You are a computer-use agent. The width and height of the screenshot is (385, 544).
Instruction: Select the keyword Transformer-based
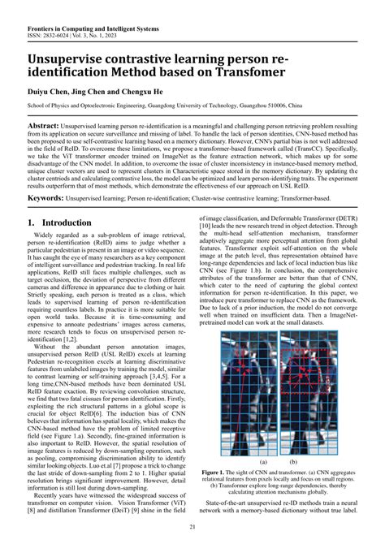(333, 197)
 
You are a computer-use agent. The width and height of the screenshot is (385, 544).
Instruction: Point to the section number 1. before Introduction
(32, 222)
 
